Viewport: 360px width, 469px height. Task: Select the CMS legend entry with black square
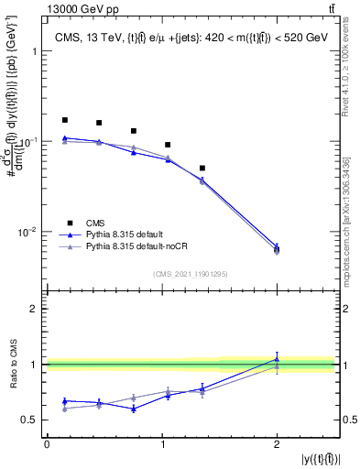[x=97, y=221]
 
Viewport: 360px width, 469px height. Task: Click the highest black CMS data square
[x=64, y=120]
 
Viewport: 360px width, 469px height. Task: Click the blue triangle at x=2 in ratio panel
[x=277, y=359]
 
